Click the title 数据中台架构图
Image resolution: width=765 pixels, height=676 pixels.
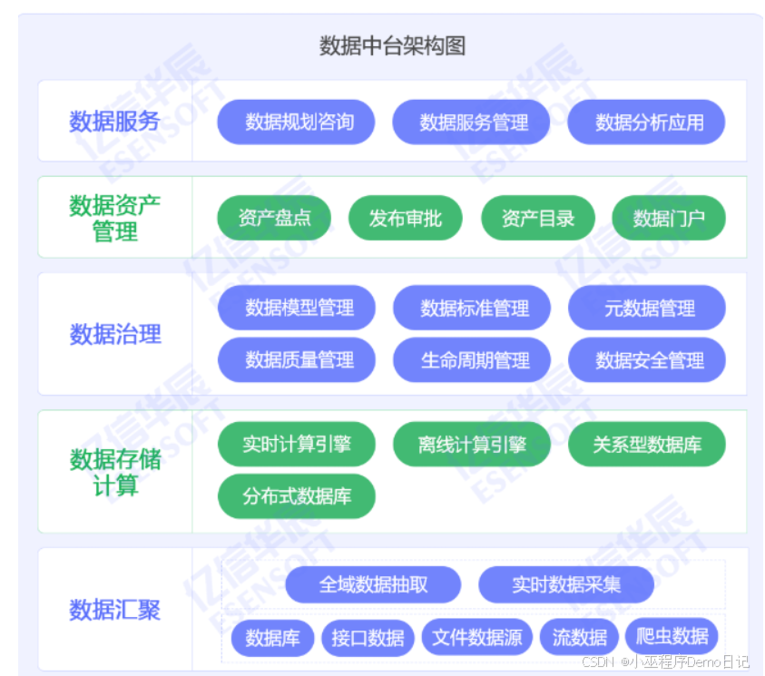pyautogui.click(x=392, y=46)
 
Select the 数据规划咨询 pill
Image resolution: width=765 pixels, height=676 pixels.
pyautogui.click(x=296, y=122)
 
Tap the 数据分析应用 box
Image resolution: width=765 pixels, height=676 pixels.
pyautogui.click(x=646, y=122)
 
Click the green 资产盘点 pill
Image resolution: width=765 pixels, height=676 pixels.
pyautogui.click(x=274, y=218)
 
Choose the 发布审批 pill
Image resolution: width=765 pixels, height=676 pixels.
pyautogui.click(x=405, y=218)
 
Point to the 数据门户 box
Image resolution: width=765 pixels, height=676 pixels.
pyautogui.click(x=668, y=218)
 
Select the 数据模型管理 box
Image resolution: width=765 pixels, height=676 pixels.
pyautogui.click(x=296, y=308)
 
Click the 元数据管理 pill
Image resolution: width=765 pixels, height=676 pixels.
pyautogui.click(x=646, y=308)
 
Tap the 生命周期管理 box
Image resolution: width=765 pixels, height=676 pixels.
pyautogui.click(x=472, y=360)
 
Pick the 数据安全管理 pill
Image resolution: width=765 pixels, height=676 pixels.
pyautogui.click(x=646, y=360)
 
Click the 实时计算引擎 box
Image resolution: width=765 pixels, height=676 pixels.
pyautogui.click(x=296, y=445)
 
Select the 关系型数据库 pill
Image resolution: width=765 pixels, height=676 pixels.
pyautogui.click(x=646, y=445)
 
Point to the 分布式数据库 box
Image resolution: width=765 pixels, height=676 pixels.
pyautogui.click(x=296, y=496)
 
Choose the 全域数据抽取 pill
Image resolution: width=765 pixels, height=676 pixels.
pyautogui.click(x=373, y=584)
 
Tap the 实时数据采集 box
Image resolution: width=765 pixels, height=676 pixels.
pyautogui.click(x=565, y=584)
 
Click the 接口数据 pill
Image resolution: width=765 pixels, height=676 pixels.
pyautogui.click(x=368, y=637)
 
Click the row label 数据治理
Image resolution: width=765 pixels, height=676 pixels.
pyautogui.click(x=115, y=334)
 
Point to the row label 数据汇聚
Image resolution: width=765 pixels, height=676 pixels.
pyautogui.click(x=115, y=610)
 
